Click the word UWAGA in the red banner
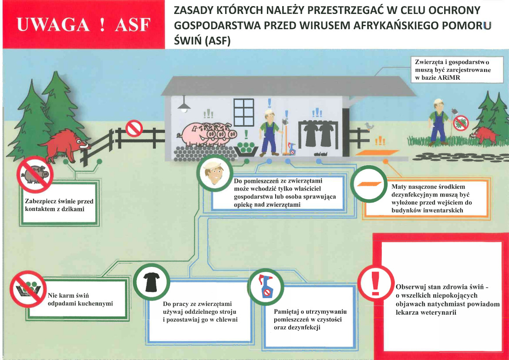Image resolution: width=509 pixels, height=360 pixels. [53, 25]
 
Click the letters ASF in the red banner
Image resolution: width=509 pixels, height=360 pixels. [133, 25]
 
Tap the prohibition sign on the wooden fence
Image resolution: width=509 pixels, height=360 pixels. [134, 128]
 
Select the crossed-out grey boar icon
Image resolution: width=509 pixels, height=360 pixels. [35, 175]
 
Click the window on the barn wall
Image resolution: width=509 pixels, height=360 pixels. [244, 112]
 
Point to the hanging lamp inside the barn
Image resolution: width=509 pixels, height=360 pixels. [184, 105]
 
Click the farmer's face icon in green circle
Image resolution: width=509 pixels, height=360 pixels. [215, 173]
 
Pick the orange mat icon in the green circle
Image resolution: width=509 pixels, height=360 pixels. [369, 184]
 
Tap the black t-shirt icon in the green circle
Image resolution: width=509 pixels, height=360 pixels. [151, 282]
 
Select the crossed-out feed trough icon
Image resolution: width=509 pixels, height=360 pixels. [28, 289]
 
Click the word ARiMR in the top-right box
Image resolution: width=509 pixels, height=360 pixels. [448, 78]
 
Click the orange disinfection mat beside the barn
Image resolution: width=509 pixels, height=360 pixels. [377, 153]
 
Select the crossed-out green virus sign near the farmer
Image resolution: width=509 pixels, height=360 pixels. [461, 123]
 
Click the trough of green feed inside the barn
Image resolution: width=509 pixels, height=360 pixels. [246, 149]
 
